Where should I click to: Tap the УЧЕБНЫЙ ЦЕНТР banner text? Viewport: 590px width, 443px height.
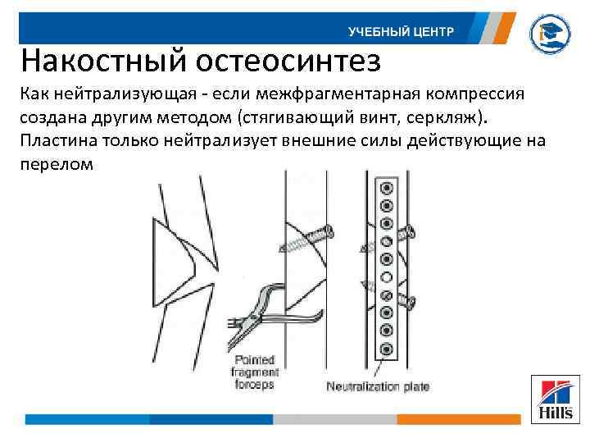tap(400, 32)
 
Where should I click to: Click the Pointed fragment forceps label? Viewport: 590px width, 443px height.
tap(253, 372)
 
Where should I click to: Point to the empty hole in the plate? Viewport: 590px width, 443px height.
tap(385, 277)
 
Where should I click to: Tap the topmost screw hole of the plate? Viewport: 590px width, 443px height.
tap(385, 188)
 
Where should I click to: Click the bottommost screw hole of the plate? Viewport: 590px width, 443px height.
tap(385, 350)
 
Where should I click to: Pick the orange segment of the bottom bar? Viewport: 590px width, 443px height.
tap(458, 419)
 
